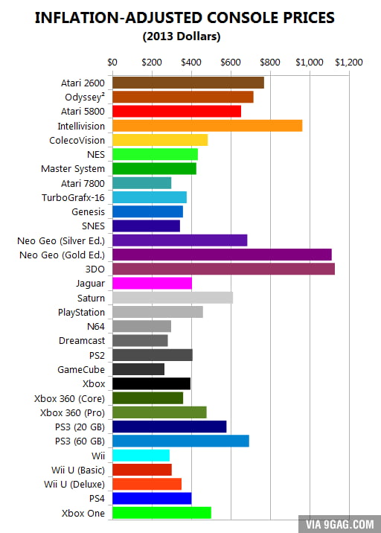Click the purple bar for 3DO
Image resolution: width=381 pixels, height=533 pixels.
click(x=222, y=269)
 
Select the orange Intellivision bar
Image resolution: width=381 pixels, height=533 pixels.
click(x=206, y=126)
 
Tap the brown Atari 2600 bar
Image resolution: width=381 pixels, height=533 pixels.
click(x=188, y=83)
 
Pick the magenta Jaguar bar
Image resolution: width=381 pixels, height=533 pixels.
click(x=151, y=283)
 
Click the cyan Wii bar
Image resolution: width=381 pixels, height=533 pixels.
click(x=140, y=455)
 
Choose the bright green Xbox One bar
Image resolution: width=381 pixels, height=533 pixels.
click(x=161, y=512)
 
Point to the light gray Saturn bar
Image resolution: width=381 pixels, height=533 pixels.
click(x=172, y=298)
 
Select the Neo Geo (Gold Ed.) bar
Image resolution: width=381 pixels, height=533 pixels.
click(x=221, y=255)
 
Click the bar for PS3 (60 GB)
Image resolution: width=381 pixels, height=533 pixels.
click(x=180, y=441)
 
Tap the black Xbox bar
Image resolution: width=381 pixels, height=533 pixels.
click(x=150, y=383)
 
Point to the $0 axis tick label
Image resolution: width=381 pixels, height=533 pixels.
click(x=112, y=62)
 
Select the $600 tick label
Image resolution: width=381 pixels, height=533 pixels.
click(x=230, y=62)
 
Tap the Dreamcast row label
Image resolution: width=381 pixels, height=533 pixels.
click(x=81, y=340)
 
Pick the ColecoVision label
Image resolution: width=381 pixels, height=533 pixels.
click(x=77, y=140)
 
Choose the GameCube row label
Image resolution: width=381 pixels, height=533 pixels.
click(x=81, y=369)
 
